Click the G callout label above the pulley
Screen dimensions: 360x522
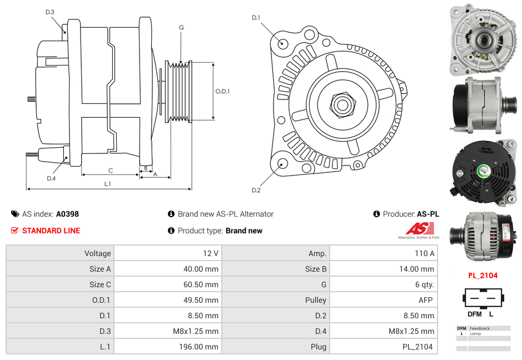pyautogui.click(x=181, y=27)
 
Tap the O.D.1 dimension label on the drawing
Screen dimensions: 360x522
pyautogui.click(x=222, y=91)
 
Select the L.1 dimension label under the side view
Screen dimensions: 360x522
pyautogui.click(x=108, y=184)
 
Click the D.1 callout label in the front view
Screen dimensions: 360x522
pyautogui.click(x=256, y=18)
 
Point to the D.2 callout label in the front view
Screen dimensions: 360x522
pyautogui.click(x=256, y=191)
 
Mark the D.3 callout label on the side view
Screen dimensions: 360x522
pyautogui.click(x=50, y=12)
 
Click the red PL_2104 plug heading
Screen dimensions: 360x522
pyautogui.click(x=482, y=275)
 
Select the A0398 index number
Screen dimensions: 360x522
pyautogui.click(x=67, y=214)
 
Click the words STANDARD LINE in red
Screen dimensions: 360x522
pyautogui.click(x=51, y=231)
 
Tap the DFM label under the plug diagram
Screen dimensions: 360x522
pyautogui.click(x=474, y=314)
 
